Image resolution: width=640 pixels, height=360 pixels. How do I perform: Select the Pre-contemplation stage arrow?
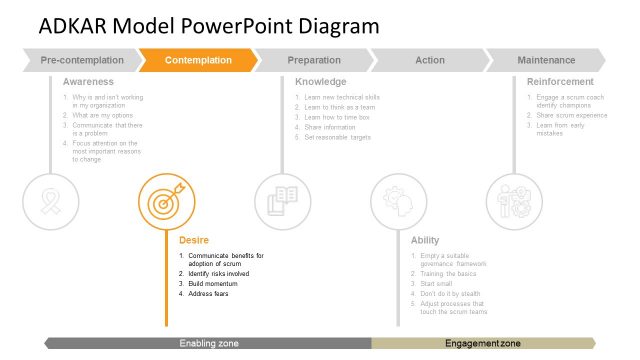(x=82, y=61)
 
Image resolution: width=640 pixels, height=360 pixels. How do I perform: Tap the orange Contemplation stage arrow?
(x=198, y=61)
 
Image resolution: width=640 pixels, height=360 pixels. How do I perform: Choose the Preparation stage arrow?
(x=313, y=61)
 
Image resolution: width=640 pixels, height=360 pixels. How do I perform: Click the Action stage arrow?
(x=429, y=61)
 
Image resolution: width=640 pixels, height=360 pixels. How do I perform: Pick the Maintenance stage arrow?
(x=546, y=61)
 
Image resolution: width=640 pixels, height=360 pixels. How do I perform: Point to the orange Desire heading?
(x=194, y=240)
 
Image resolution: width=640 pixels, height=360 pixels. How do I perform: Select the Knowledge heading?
(x=321, y=81)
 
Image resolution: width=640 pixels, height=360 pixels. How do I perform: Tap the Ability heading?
(x=425, y=240)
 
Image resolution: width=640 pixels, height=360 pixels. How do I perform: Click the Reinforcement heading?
(x=560, y=81)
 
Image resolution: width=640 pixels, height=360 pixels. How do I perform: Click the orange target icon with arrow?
(x=166, y=201)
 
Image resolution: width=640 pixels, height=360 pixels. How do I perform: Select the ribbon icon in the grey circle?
(x=50, y=201)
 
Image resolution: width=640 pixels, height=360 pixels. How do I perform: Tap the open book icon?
(x=282, y=201)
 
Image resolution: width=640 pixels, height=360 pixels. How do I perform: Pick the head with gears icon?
(x=398, y=201)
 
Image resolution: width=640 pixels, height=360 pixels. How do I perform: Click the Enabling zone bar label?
(x=209, y=343)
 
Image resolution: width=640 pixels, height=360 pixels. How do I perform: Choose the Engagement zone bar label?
(x=482, y=343)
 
